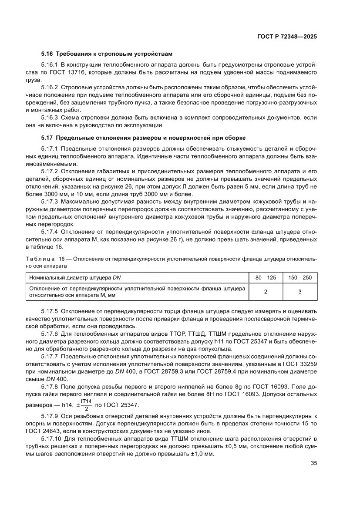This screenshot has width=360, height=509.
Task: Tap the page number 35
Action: [x=313, y=463]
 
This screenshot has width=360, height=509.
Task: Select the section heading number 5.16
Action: [x=47, y=54]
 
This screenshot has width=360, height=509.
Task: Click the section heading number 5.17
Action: [x=47, y=138]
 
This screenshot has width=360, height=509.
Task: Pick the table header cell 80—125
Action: [x=266, y=277]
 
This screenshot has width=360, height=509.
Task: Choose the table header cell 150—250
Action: [x=300, y=277]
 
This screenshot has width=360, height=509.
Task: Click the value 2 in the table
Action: [x=266, y=292]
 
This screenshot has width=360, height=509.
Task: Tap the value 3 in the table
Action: [x=300, y=292]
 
